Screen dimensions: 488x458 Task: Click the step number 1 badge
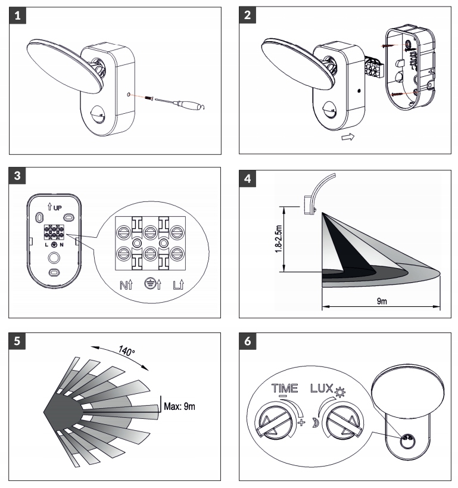17,17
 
